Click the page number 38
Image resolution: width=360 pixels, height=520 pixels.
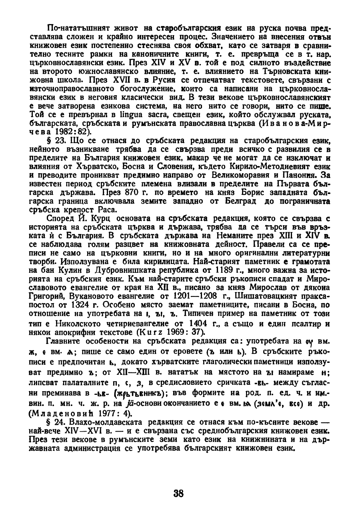pos(179,494)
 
